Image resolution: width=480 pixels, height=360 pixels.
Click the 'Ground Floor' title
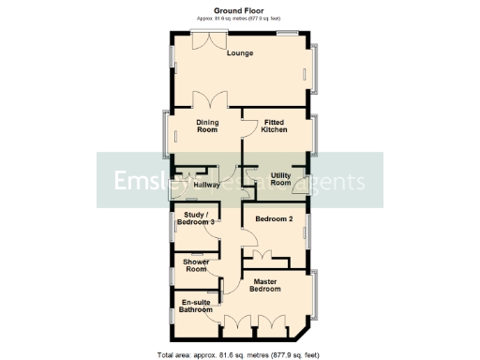240,9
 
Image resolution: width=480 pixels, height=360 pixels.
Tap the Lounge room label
240,53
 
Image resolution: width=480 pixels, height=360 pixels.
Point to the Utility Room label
280,179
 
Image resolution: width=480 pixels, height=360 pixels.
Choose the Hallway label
206,185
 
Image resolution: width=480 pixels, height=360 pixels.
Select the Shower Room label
196,265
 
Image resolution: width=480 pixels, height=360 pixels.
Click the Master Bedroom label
267,286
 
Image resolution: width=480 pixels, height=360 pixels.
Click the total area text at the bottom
240,354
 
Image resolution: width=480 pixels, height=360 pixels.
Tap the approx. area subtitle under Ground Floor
240,19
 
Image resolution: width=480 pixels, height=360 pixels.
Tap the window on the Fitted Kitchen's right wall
317,133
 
